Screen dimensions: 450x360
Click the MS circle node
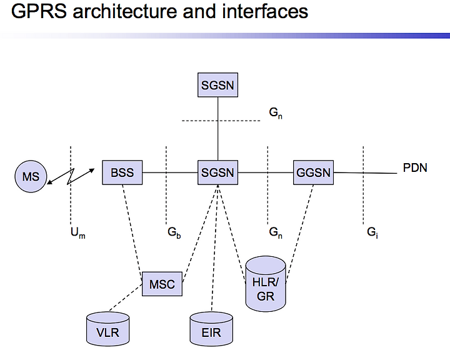pos(31,176)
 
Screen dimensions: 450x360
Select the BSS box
pos(122,172)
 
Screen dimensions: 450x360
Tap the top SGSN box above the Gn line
pos(218,85)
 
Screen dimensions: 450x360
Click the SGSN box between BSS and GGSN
pos(218,172)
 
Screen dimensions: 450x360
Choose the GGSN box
pos(313,172)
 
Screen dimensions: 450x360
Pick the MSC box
pos(162,284)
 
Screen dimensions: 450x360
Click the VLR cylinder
pos(108,329)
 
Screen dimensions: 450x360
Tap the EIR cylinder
pos(211,329)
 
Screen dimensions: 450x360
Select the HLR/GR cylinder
pos(266,284)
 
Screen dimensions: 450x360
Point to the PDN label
pos(415,168)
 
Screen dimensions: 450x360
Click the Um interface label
pos(78,233)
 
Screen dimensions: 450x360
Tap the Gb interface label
pos(174,232)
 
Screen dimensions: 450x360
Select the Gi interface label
pos(372,232)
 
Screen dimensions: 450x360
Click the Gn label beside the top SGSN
pos(276,113)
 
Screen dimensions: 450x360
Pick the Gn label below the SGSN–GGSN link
pos(276,232)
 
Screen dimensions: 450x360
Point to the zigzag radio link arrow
pos(71,176)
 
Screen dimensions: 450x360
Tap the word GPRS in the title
pos(39,11)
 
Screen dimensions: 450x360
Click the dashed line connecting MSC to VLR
pos(126,297)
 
